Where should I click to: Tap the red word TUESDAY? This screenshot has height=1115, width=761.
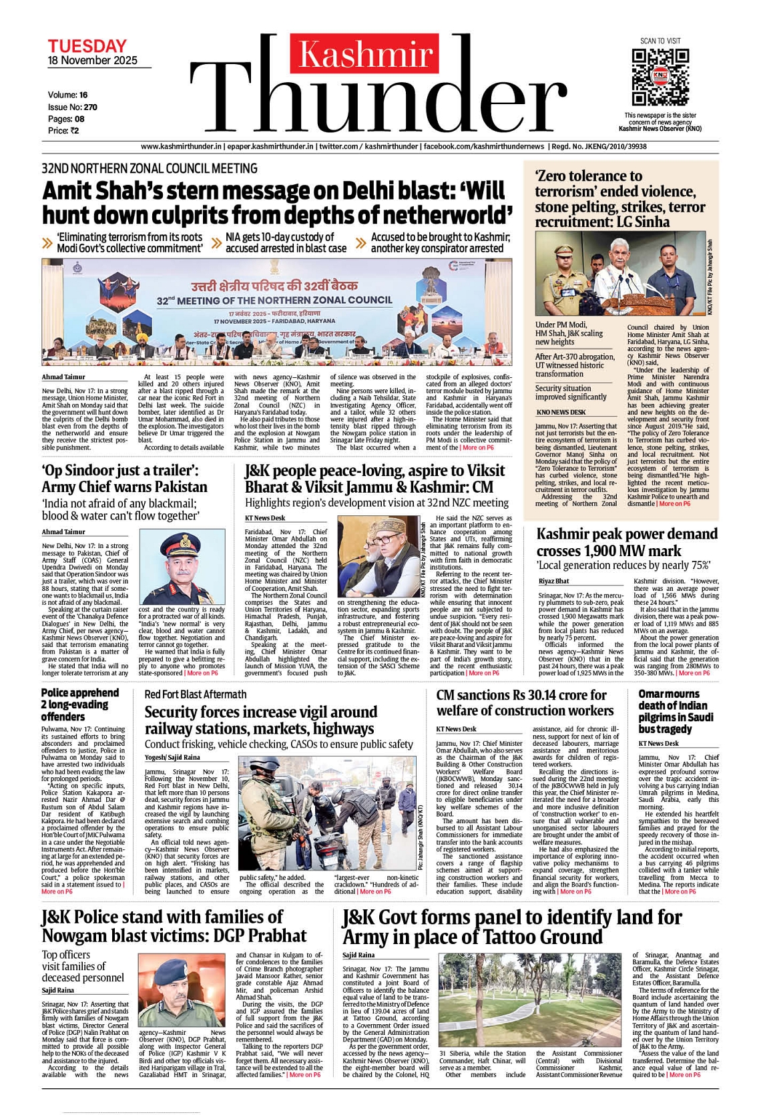click(87, 46)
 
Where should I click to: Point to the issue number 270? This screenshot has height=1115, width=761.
click(91, 107)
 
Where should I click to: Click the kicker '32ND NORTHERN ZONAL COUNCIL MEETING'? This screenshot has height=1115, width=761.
click(150, 169)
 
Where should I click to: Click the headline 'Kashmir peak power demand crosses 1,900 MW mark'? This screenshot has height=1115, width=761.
click(627, 542)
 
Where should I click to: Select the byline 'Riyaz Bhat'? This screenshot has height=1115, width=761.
click(554, 582)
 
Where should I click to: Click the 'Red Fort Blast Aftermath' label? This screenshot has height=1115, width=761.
click(196, 694)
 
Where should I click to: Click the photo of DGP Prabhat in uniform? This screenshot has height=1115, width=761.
click(182, 991)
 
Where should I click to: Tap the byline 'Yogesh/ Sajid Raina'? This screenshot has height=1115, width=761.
click(172, 758)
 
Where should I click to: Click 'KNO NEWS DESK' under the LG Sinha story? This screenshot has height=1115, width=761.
click(561, 412)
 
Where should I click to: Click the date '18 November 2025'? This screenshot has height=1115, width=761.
click(92, 61)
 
